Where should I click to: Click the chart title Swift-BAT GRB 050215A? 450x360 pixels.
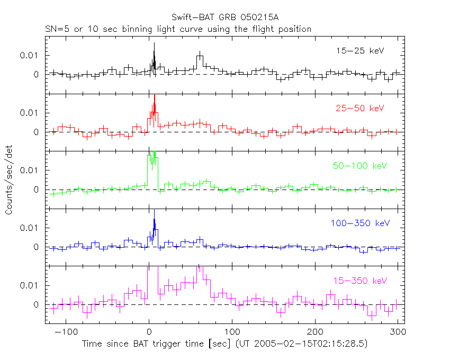coord(225,18)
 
